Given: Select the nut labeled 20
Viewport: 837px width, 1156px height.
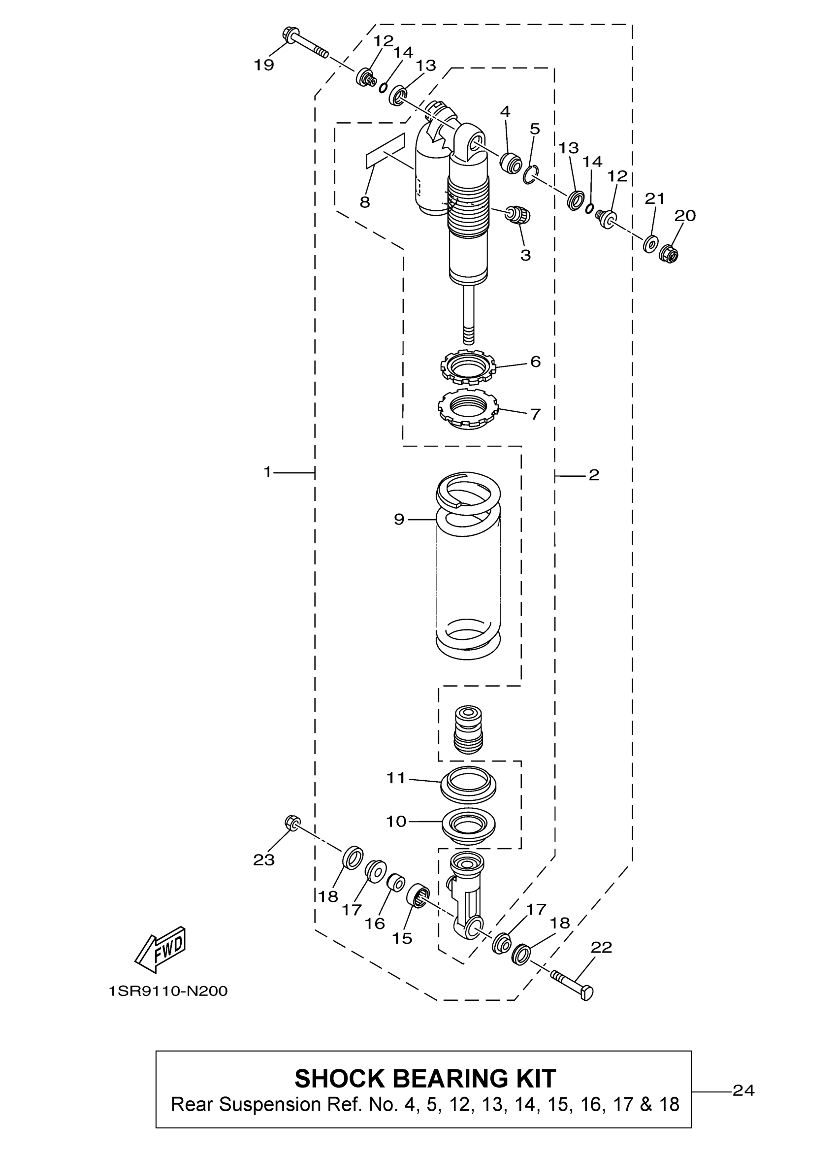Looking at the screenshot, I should [x=669, y=253].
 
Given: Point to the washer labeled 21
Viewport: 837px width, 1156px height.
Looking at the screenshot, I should [x=650, y=243].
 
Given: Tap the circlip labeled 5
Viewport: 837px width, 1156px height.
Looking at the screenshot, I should [x=530, y=175].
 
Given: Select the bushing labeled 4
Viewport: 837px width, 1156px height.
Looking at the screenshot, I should [x=511, y=163].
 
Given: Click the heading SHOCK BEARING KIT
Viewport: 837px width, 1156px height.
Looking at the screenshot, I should [x=425, y=1079].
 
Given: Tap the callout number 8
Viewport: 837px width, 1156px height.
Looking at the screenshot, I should [x=365, y=203].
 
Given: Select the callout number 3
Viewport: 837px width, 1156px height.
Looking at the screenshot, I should [x=525, y=255].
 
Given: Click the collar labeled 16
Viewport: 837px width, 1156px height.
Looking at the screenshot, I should [x=396, y=881].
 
